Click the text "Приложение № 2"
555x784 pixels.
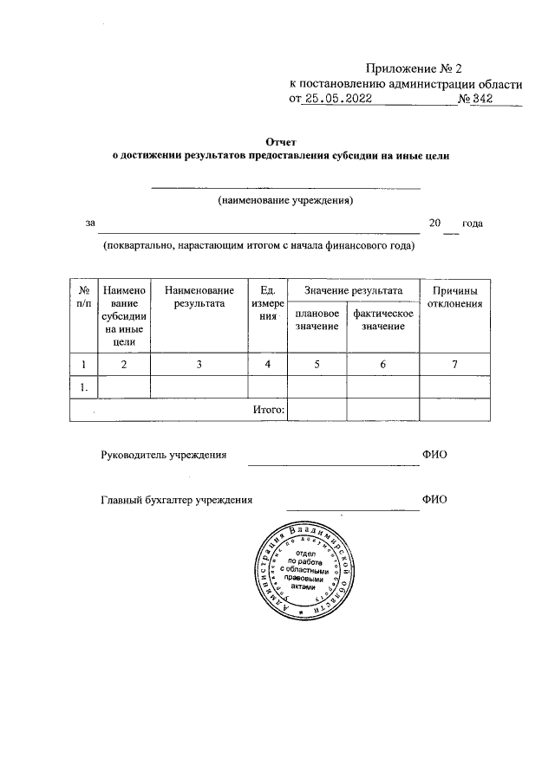click(415, 68)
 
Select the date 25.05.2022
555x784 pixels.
click(336, 100)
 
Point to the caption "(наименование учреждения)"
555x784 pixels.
click(286, 200)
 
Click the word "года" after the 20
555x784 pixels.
click(472, 224)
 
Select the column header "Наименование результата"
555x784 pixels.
click(199, 297)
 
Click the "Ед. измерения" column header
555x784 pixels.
click(268, 304)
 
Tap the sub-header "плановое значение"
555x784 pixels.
click(317, 319)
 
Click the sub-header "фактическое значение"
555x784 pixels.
click(382, 319)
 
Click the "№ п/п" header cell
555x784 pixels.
click(83, 297)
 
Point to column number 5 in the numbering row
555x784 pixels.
click(317, 365)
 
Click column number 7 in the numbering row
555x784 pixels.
click(454, 365)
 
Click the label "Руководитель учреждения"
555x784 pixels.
click(164, 455)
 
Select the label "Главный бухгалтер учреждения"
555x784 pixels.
click(177, 500)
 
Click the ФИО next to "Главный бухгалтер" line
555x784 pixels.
click(434, 500)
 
